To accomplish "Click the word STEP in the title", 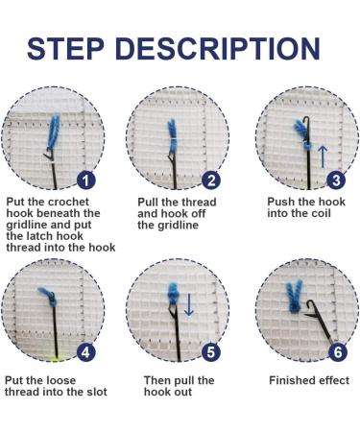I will click(81, 47).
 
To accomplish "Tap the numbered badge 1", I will click(86, 180).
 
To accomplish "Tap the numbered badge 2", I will click(212, 180).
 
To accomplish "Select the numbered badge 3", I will click(337, 180).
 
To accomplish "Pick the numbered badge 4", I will click(86, 352).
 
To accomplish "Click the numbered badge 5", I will click(212, 352).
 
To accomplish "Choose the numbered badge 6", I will click(337, 352).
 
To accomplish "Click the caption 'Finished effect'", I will click(305, 380).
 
